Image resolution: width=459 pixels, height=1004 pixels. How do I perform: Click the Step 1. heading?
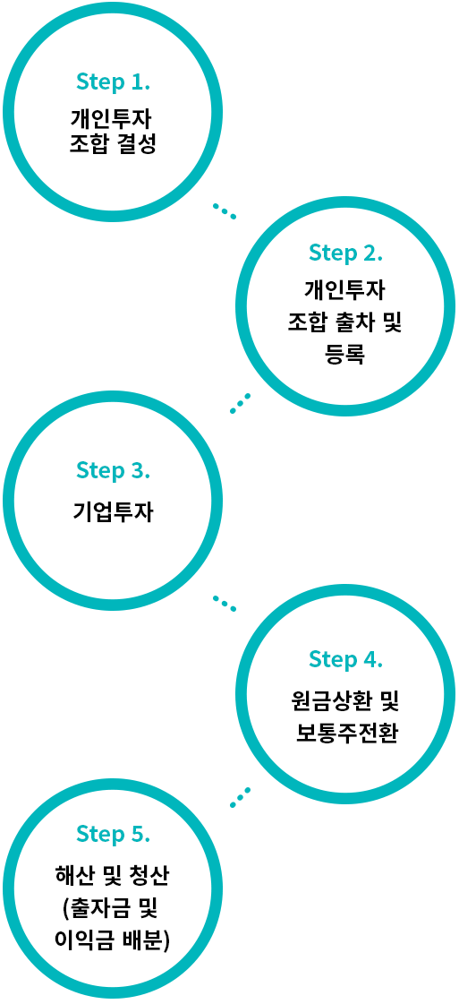pyautogui.click(x=113, y=82)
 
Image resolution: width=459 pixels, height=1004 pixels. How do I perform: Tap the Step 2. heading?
pyautogui.click(x=345, y=253)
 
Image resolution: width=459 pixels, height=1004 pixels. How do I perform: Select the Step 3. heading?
pyautogui.click(x=113, y=470)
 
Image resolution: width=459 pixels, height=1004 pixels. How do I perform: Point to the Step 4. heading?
pyautogui.click(x=345, y=658)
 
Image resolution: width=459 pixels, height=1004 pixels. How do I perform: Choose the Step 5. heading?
pyautogui.click(x=113, y=835)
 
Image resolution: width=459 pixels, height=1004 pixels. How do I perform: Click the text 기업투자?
pyautogui.click(x=113, y=512)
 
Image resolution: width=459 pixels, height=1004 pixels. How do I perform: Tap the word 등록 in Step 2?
pyautogui.click(x=345, y=354)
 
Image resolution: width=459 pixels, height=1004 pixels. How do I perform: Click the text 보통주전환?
pyautogui.click(x=346, y=731)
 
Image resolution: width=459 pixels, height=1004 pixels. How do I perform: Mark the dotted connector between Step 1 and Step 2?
pyautogui.click(x=225, y=211)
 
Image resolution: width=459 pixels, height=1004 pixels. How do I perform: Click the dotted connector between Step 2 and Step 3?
pyautogui.click(x=241, y=403)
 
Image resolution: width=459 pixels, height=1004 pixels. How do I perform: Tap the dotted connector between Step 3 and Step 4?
pyautogui.click(x=225, y=603)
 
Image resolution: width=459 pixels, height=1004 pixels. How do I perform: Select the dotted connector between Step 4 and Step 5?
pyautogui.click(x=241, y=796)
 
